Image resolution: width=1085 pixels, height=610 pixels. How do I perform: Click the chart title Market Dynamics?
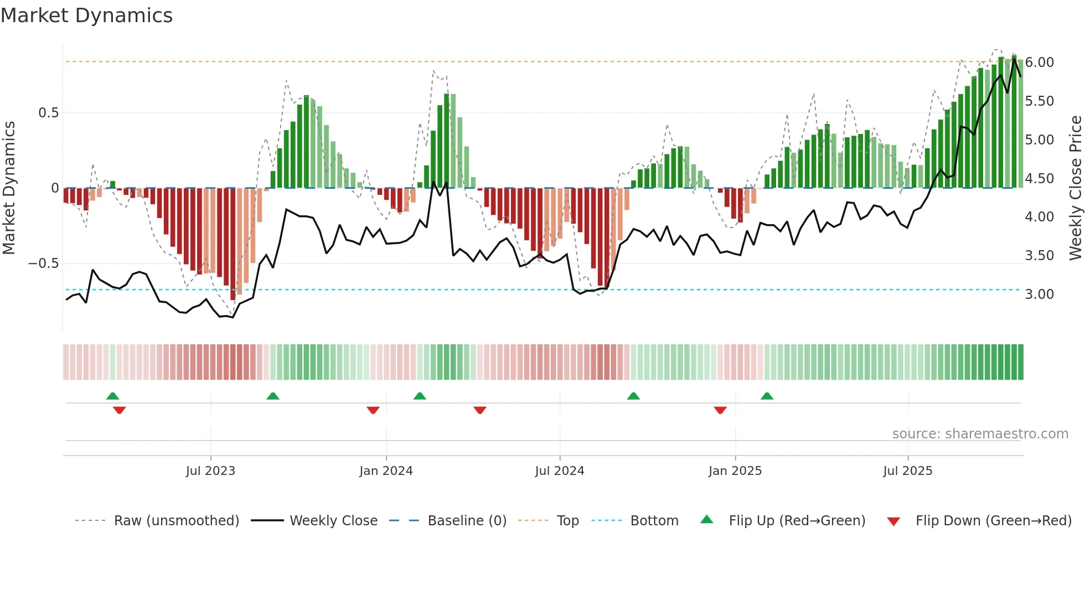pos(86,15)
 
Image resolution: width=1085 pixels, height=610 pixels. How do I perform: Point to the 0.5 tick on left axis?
pos(48,113)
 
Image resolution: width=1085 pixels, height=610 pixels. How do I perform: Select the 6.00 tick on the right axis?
pos(1039,63)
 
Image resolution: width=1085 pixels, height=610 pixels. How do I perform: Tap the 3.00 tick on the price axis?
pos(1039,294)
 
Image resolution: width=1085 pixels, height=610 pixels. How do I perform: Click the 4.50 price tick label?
pos(1039,179)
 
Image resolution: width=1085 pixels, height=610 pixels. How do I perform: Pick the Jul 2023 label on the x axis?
pos(210,471)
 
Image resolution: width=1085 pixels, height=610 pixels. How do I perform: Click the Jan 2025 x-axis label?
pos(735,471)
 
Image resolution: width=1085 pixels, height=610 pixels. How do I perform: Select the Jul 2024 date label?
pos(559,471)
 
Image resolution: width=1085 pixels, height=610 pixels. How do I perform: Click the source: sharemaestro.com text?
pos(980,434)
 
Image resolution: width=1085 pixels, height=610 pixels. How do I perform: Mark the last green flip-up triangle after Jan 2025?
pos(767,396)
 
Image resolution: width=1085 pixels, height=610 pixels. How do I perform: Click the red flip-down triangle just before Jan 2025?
pos(720,410)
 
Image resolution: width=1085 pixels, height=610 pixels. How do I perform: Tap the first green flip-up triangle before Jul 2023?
pos(112,396)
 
